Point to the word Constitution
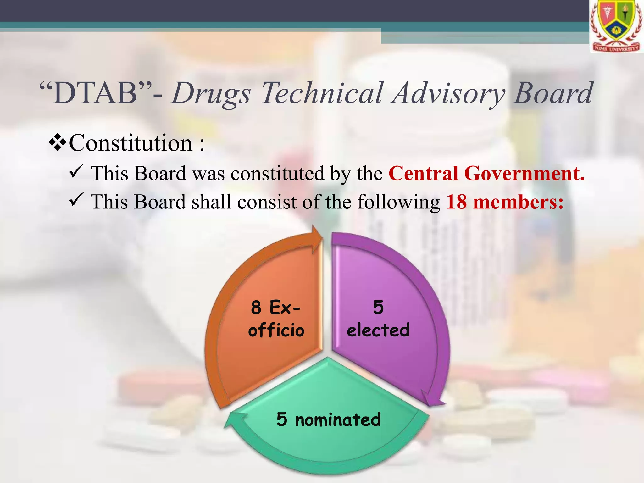pyautogui.click(x=130, y=143)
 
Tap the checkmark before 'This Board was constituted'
pyautogui.click(x=76, y=171)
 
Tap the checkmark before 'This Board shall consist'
pyautogui.click(x=76, y=200)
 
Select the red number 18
pyautogui.click(x=456, y=202)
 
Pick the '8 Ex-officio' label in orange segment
pyautogui.click(x=276, y=319)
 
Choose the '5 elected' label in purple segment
pyautogui.click(x=378, y=319)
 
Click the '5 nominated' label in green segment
pyautogui.click(x=329, y=419)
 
